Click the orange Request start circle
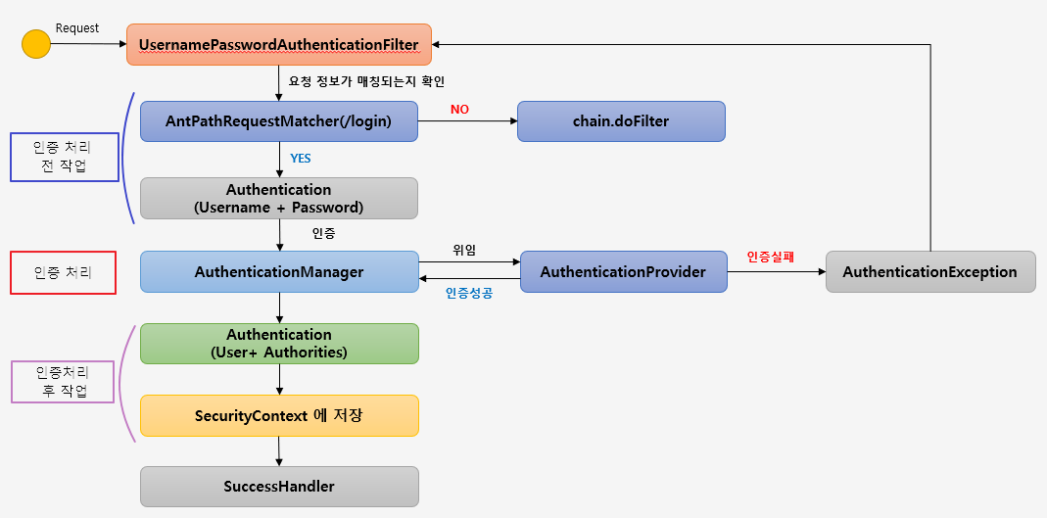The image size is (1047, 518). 36,44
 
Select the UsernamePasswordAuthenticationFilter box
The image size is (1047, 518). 279,45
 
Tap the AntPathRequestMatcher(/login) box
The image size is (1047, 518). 279,121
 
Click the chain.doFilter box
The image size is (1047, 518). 621,121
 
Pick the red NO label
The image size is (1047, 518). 459,110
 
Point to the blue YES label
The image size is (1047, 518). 301,158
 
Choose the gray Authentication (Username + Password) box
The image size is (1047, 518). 279,198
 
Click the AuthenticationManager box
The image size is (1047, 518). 279,272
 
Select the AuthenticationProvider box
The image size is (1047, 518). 623,272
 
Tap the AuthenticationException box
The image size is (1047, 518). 929,272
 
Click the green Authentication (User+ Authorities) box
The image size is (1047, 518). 279,344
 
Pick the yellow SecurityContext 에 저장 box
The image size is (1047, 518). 279,415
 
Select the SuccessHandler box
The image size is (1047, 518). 279,486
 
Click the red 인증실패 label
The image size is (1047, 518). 770,257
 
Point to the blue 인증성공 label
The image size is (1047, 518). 469,292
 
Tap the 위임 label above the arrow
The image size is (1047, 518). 464,250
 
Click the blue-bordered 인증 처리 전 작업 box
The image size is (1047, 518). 65,157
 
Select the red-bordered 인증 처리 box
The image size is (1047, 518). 64,273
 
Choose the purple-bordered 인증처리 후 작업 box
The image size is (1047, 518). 63,382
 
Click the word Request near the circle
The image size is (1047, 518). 77,28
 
